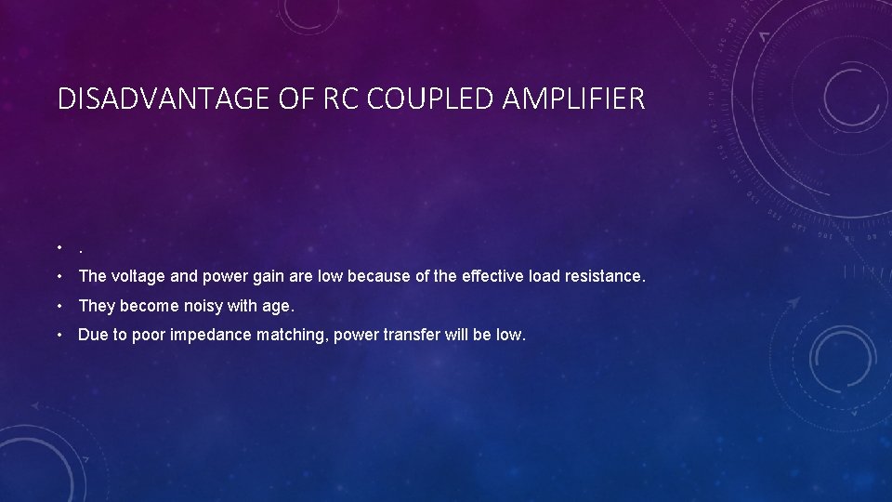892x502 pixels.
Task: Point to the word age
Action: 279,306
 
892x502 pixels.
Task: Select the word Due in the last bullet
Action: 91,335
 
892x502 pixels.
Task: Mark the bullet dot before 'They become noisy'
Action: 59,305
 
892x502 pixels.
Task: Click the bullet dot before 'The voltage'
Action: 59,276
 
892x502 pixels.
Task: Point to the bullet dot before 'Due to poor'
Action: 59,335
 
